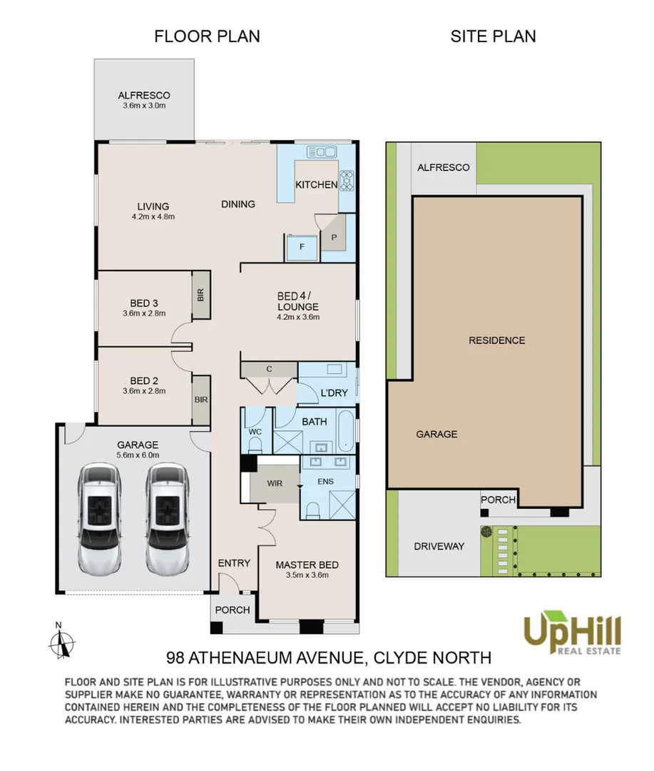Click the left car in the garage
[x=99, y=519]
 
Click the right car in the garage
[x=167, y=519]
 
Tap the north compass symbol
[x=61, y=640]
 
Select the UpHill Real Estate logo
[x=572, y=633]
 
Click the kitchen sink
[x=322, y=152]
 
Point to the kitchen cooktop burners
[x=347, y=180]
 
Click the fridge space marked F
[x=302, y=247]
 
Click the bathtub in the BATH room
[x=347, y=430]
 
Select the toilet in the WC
[x=255, y=445]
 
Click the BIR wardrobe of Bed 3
[x=200, y=295]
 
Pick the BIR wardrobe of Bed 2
[x=201, y=400]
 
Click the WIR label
[x=275, y=483]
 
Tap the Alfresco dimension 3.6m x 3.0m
[x=144, y=106]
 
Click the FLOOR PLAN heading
[x=207, y=36]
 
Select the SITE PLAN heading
[x=494, y=36]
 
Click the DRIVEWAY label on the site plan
[x=439, y=546]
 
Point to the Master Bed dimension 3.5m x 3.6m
[x=307, y=575]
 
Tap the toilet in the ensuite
[x=312, y=511]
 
